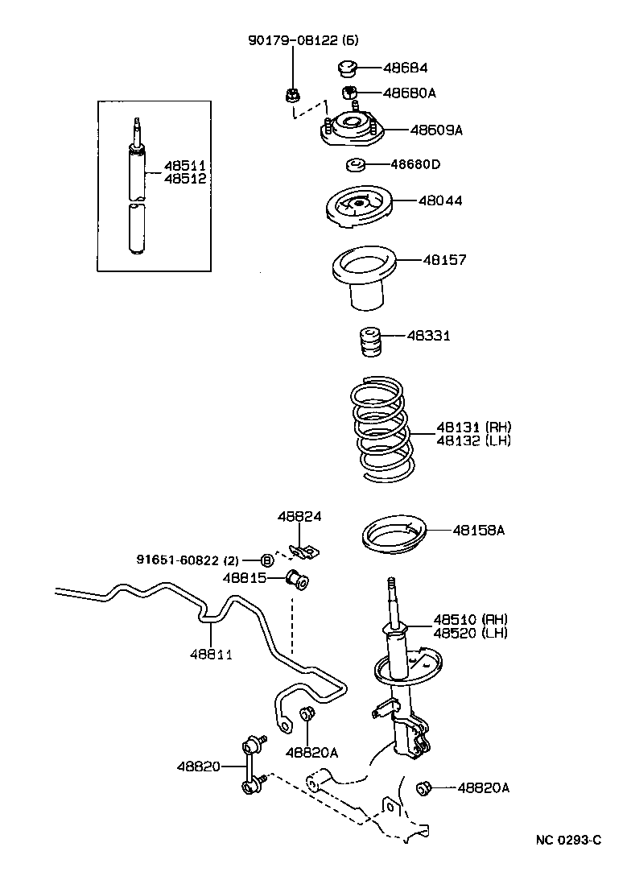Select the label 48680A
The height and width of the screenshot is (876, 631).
(x=409, y=93)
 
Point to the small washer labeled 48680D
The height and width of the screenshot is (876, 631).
(x=355, y=166)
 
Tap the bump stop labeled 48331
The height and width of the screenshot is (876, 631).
(x=369, y=343)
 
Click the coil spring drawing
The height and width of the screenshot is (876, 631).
(x=383, y=431)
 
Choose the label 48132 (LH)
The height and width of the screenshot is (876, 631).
(x=473, y=440)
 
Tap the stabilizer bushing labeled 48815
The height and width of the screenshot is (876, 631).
(x=299, y=578)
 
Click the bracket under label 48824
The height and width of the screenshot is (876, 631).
(x=303, y=552)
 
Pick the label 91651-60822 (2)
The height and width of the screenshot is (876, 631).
(x=188, y=558)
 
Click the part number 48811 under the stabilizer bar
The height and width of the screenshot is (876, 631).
(x=211, y=654)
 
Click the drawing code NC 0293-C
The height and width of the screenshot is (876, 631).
(x=568, y=841)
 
